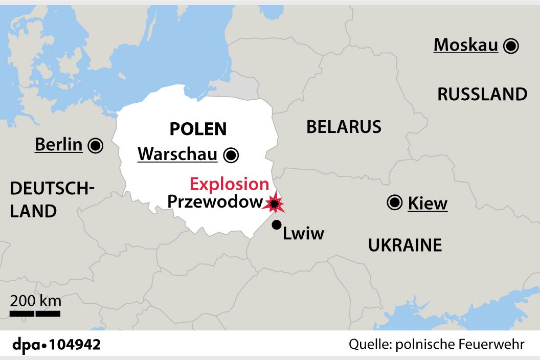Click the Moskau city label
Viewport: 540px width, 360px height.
[465, 46]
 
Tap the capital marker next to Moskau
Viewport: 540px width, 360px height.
[510, 46]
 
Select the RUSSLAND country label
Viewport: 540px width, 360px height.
[482, 94]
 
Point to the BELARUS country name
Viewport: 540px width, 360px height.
[344, 127]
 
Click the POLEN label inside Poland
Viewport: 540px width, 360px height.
[198, 129]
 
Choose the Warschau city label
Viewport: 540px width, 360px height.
[177, 154]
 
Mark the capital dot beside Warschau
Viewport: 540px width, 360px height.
[231, 154]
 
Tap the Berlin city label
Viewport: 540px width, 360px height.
[58, 145]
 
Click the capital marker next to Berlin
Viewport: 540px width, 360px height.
[95, 146]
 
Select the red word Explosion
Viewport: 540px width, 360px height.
[229, 184]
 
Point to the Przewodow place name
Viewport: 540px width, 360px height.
[215, 202]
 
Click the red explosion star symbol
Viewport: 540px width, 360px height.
[275, 204]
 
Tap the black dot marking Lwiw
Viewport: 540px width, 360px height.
[277, 224]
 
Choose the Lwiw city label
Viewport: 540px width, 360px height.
[304, 234]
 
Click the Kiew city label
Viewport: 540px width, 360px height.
[427, 204]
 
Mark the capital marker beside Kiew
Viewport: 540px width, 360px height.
[394, 203]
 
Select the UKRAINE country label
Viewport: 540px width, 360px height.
[405, 245]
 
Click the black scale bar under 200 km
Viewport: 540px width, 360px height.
[35, 313]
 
